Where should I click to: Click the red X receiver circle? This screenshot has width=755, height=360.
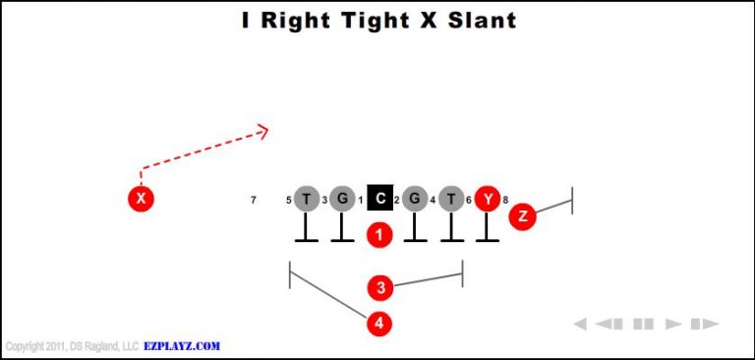(142, 200)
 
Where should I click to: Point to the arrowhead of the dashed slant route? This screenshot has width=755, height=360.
(262, 129)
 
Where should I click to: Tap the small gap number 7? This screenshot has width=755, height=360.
(254, 201)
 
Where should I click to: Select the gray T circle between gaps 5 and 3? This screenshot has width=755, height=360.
(307, 200)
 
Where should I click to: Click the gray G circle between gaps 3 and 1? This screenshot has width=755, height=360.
(342, 200)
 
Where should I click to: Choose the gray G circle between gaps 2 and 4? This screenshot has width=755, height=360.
(415, 200)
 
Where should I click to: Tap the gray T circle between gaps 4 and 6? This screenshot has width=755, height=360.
(451, 200)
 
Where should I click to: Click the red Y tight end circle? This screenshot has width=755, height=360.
(488, 200)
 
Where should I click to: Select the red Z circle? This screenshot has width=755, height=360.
(522, 216)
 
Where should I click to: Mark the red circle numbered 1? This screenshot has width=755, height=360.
(379, 235)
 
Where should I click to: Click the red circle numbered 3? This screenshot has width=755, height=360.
(380, 288)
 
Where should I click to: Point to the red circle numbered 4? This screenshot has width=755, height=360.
(379, 323)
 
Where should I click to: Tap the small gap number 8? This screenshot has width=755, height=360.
(505, 201)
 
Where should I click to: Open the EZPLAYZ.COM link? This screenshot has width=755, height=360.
(182, 346)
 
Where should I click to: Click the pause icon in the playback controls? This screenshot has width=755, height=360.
(643, 324)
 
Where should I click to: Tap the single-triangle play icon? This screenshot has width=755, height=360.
(673, 324)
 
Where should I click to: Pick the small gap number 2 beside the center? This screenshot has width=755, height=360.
(396, 201)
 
